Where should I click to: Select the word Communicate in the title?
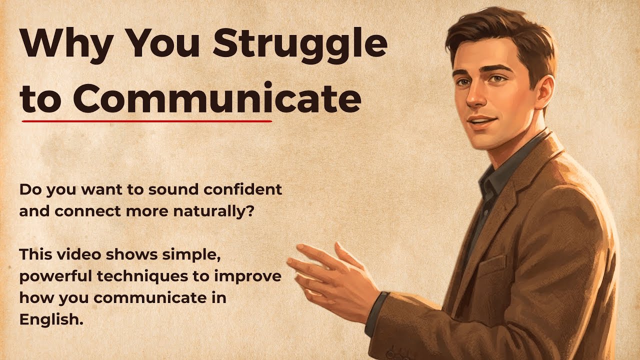216,99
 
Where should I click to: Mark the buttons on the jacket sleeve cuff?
400,354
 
